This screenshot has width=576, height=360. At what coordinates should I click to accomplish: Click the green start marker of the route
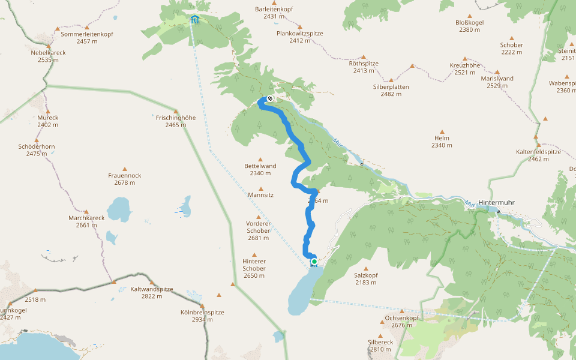point(314,262)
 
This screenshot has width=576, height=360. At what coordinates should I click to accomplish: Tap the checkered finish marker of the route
point(270,98)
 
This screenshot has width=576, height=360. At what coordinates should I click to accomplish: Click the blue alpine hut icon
point(194,19)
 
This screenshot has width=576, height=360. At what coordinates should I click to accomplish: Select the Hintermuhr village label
point(497,203)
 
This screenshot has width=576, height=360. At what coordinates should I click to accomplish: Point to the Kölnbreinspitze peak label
point(202,312)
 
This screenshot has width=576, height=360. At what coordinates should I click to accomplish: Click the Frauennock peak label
point(125,175)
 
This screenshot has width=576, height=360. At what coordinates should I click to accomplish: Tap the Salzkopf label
point(366,274)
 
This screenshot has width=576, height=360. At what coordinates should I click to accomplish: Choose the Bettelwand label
point(260,166)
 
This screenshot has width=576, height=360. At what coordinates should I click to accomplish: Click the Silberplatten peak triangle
point(391,80)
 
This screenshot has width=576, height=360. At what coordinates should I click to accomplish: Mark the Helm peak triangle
point(442,132)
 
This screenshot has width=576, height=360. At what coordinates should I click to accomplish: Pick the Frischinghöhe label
point(176,118)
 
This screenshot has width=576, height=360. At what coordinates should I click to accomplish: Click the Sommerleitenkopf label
point(87,34)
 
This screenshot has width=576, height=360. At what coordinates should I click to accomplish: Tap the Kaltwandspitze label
point(152,289)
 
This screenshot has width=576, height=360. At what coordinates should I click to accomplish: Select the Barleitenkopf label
point(274,9)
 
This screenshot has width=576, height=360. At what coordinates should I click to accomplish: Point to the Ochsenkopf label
point(401,317)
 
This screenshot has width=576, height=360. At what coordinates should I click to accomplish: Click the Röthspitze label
point(364,63)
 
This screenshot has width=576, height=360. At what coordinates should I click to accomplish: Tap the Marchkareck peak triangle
point(87,211)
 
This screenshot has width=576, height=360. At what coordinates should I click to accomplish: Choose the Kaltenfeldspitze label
point(538,152)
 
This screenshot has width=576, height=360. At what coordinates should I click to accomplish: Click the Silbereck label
point(380,341)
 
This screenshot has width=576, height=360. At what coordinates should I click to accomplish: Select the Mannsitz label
point(260,195)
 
